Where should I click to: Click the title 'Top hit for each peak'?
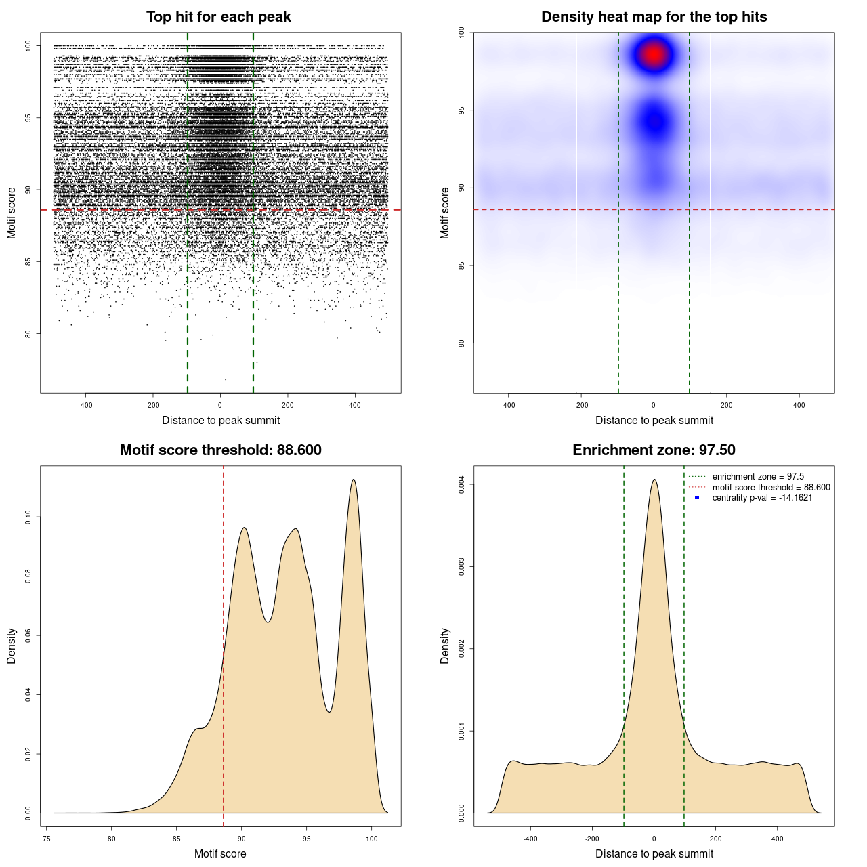click(x=218, y=17)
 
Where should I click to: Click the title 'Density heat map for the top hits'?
click(x=654, y=17)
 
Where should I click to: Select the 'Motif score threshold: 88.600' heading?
click(x=220, y=450)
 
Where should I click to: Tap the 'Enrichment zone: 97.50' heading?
click(x=654, y=450)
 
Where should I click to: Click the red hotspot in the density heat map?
click(x=654, y=54)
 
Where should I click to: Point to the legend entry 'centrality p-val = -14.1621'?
click(x=762, y=498)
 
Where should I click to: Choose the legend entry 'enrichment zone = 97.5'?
click(x=758, y=477)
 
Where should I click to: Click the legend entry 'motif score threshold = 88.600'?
click(x=771, y=488)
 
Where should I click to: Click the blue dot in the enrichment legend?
click(x=697, y=498)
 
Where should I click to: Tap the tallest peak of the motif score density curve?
click(x=354, y=480)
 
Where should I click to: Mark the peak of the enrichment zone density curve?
click(x=654, y=480)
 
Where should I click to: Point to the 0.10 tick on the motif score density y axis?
click(x=28, y=517)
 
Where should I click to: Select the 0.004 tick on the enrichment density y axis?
click(x=461, y=484)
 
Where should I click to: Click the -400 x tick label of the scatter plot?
click(x=85, y=405)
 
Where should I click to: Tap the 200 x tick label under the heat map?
click(x=726, y=405)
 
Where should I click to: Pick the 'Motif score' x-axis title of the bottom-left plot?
click(x=220, y=853)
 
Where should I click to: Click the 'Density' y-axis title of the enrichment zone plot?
click(x=445, y=646)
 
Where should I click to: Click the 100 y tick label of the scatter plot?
click(x=28, y=45)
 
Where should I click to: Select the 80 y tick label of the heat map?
click(x=461, y=343)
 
